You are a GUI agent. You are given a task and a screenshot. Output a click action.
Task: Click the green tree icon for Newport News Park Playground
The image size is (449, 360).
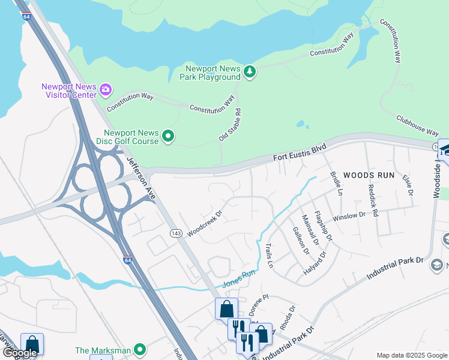[x=250, y=72]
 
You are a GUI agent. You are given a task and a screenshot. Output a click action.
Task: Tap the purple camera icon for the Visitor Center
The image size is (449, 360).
[x=106, y=90]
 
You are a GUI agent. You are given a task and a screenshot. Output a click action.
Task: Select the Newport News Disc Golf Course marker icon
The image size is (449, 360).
[x=169, y=137]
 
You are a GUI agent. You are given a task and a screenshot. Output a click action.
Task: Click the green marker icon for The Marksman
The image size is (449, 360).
[x=140, y=349]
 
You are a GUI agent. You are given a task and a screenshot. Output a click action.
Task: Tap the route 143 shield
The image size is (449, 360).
[x=176, y=233]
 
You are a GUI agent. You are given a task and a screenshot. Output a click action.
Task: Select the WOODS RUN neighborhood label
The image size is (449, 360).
[x=369, y=175]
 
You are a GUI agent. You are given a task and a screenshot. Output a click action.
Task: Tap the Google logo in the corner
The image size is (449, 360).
[x=19, y=353]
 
